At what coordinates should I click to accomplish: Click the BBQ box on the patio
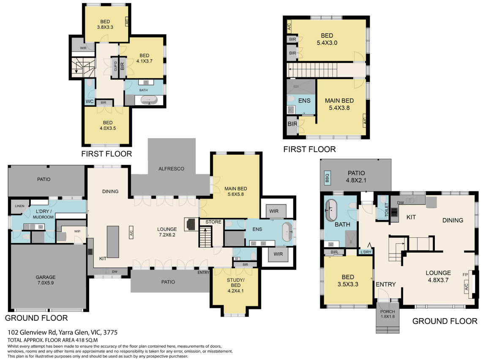pyautogui.click(x=327, y=177)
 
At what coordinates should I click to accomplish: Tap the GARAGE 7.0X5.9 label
pyautogui.click(x=46, y=280)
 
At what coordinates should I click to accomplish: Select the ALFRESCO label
pyautogui.click(x=171, y=169)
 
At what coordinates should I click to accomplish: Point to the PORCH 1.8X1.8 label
pyautogui.click(x=388, y=314)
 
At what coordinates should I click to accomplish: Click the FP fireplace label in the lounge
pyautogui.click(x=465, y=275)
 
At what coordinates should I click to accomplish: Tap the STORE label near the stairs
pyautogui.click(x=213, y=222)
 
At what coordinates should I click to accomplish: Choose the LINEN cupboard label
pyautogui.click(x=19, y=206)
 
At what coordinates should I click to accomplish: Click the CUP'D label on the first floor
pyautogui.click(x=115, y=66)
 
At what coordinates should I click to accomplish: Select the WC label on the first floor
pyautogui.click(x=90, y=101)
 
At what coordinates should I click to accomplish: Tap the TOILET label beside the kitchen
pyautogui.click(x=386, y=210)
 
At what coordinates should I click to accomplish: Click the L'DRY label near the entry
pyautogui.click(x=366, y=252)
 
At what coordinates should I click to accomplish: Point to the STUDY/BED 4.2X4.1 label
pyautogui.click(x=235, y=285)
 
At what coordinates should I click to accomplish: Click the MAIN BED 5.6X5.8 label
pyautogui.click(x=235, y=191)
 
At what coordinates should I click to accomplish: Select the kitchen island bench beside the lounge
pyautogui.click(x=113, y=242)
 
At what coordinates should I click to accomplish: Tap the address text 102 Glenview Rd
pyautogui.click(x=32, y=333)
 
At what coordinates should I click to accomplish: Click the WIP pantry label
pyautogui.click(x=77, y=231)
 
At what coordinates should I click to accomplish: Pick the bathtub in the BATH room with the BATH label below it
pyautogui.click(x=331, y=210)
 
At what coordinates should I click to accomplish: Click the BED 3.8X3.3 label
pyautogui.click(x=105, y=24)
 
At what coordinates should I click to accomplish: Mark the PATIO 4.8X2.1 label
pyautogui.click(x=356, y=177)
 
